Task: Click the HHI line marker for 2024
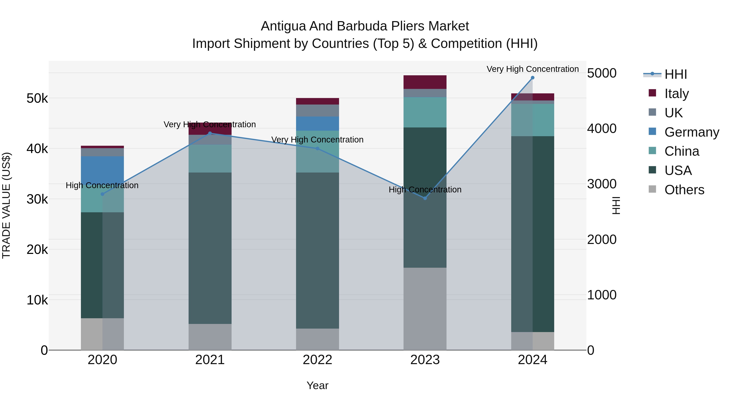(532, 78)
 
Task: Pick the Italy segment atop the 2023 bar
(425, 82)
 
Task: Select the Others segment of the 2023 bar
(425, 309)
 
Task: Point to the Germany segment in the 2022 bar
(317, 124)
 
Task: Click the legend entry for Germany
(691, 132)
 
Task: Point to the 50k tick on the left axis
(37, 98)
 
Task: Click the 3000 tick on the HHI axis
(601, 184)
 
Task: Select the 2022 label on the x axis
(317, 360)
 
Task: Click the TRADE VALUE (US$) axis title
(6, 205)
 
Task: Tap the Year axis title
(317, 385)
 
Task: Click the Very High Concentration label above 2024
(532, 69)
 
